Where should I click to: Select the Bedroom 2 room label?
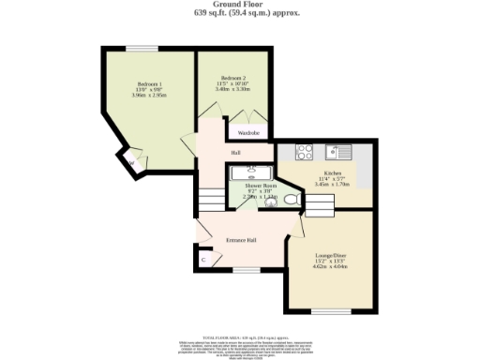[232, 78]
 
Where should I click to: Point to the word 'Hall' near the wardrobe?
[236, 152]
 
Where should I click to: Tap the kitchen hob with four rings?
[305, 151]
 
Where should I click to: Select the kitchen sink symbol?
[337, 151]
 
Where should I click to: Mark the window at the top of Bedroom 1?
[142, 49]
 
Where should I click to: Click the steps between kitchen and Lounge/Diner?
[318, 209]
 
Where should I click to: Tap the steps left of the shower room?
[214, 200]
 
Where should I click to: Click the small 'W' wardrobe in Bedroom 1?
[131, 162]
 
